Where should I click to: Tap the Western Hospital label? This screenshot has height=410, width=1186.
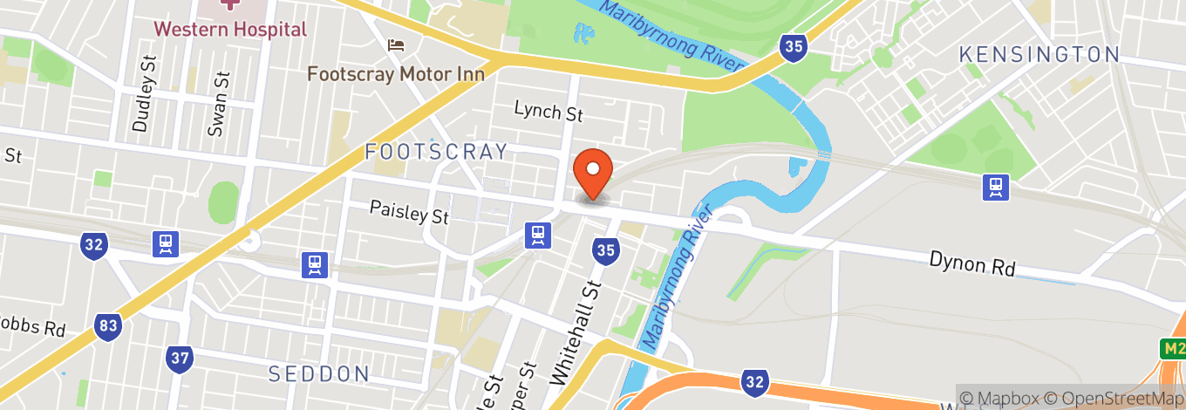tap(230, 29)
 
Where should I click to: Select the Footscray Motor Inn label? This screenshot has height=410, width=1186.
tap(395, 73)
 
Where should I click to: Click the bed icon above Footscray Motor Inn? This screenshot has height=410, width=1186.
tap(396, 44)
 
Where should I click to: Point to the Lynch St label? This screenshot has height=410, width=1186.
tap(548, 112)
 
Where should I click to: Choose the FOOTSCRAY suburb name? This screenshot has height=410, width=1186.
tap(436, 152)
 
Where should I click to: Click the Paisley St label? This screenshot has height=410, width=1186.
tap(408, 211)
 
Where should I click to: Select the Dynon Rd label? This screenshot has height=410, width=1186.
tap(972, 263)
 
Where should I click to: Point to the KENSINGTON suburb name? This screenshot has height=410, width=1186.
tap(1039, 54)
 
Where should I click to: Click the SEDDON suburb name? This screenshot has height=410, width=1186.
tap(319, 374)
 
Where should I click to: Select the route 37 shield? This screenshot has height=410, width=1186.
tap(180, 358)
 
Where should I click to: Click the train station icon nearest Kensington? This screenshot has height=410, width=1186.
tap(995, 186)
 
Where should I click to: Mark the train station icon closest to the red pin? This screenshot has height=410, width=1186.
tap(538, 235)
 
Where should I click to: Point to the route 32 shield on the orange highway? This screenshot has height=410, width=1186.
tap(755, 379)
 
